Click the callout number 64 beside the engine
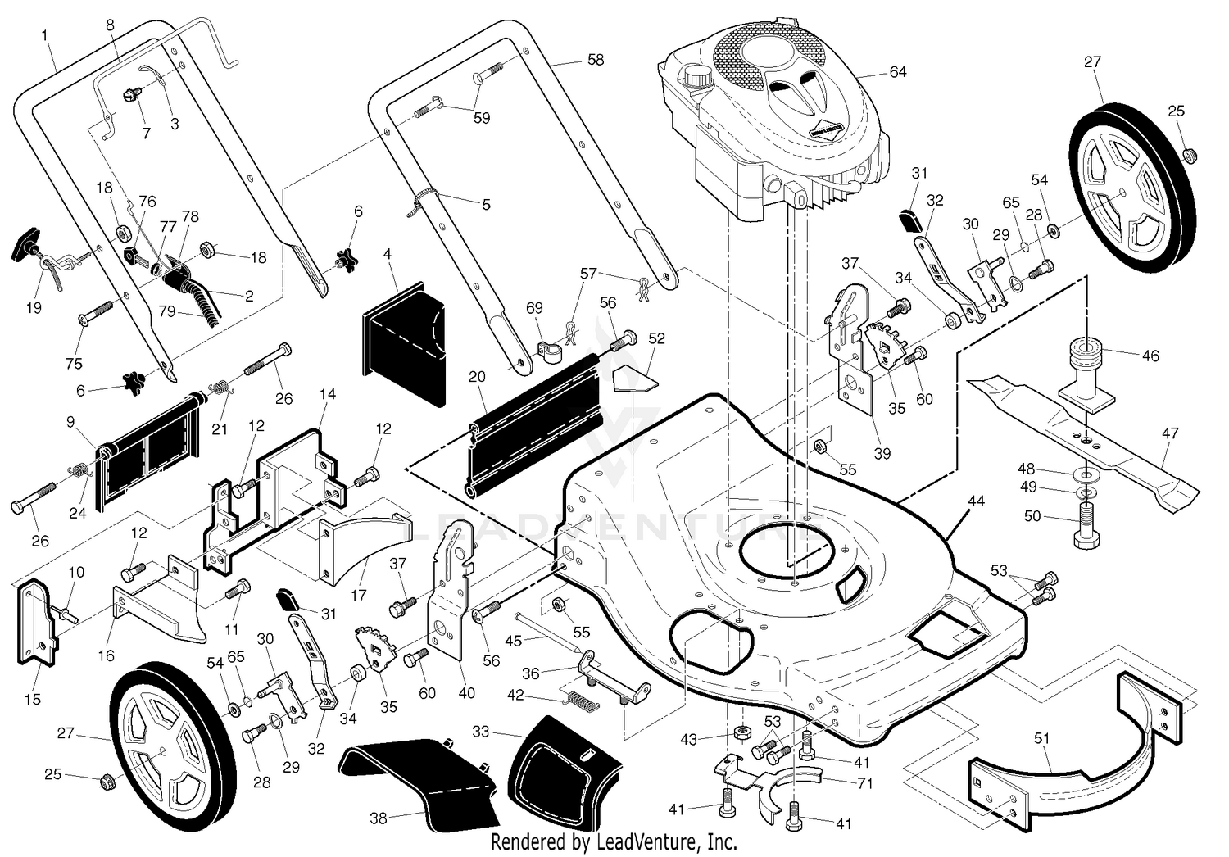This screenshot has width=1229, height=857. click(898, 72)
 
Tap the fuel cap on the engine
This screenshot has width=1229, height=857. click(696, 76)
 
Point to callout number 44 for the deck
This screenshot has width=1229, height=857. click(976, 501)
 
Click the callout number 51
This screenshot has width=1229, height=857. click(1041, 739)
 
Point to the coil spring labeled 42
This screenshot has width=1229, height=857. click(581, 701)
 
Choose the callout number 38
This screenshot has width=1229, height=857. click(379, 818)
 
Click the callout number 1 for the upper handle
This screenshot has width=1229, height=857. click(44, 36)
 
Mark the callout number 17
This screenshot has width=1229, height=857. click(358, 595)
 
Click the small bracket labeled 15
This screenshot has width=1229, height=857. click(39, 622)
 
